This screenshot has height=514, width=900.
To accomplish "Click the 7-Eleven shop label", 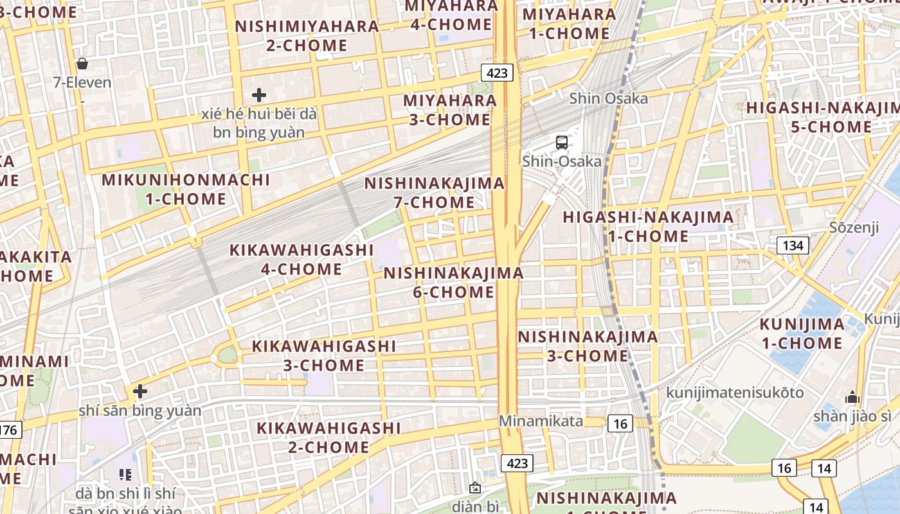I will [82, 82].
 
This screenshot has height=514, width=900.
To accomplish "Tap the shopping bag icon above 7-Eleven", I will [82, 64].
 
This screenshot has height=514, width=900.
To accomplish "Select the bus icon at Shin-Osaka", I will [562, 143].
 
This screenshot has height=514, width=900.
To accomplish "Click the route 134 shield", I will [793, 245].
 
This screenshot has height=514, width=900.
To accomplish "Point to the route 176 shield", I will [9, 430].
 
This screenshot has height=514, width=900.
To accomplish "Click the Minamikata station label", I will [541, 421].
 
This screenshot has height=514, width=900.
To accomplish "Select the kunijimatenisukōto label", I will [735, 393].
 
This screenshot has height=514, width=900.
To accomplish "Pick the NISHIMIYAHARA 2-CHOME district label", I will [307, 36].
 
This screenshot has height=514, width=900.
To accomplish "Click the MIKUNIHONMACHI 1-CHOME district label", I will [186, 190].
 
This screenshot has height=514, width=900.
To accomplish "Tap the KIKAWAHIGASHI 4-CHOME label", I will [301, 259].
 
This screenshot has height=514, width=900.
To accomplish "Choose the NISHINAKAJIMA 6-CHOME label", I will [453, 283].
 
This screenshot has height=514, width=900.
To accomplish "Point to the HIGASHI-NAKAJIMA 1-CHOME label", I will [648, 227].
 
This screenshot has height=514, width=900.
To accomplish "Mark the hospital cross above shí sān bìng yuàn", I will [139, 391].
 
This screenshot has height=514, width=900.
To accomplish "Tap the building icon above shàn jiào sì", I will [852, 397].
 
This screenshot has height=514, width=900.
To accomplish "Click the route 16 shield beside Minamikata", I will [620, 423].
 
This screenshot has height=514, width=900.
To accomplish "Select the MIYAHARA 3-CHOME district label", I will [450, 110].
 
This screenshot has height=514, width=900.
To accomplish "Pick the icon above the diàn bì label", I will [475, 488].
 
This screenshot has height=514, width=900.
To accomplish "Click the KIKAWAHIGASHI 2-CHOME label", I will [328, 437].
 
